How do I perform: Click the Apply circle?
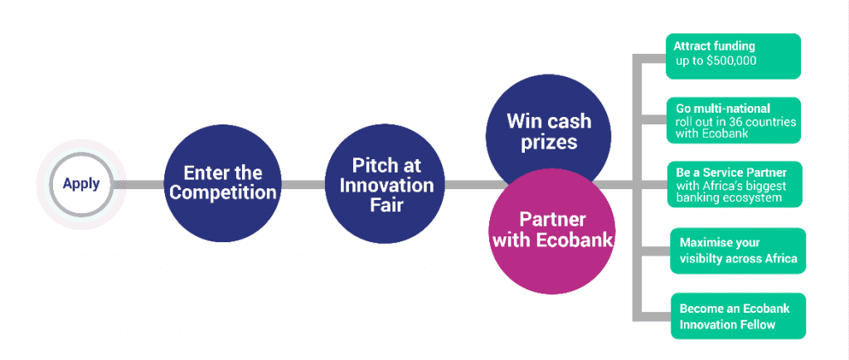tap(80, 183)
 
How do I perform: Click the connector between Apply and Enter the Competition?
tap(141, 183)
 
